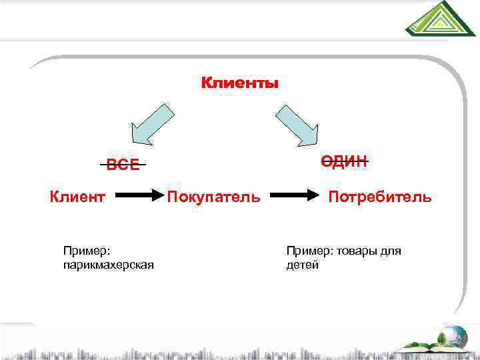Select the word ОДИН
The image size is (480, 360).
coord(344,161)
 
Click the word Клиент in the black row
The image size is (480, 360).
coord(78,197)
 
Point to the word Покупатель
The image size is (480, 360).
coord(213,197)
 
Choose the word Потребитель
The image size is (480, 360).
coord(380,197)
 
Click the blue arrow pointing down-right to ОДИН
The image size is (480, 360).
coord(298,123)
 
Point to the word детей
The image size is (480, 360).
coord(303,265)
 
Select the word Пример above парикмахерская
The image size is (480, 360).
coord(86,251)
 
